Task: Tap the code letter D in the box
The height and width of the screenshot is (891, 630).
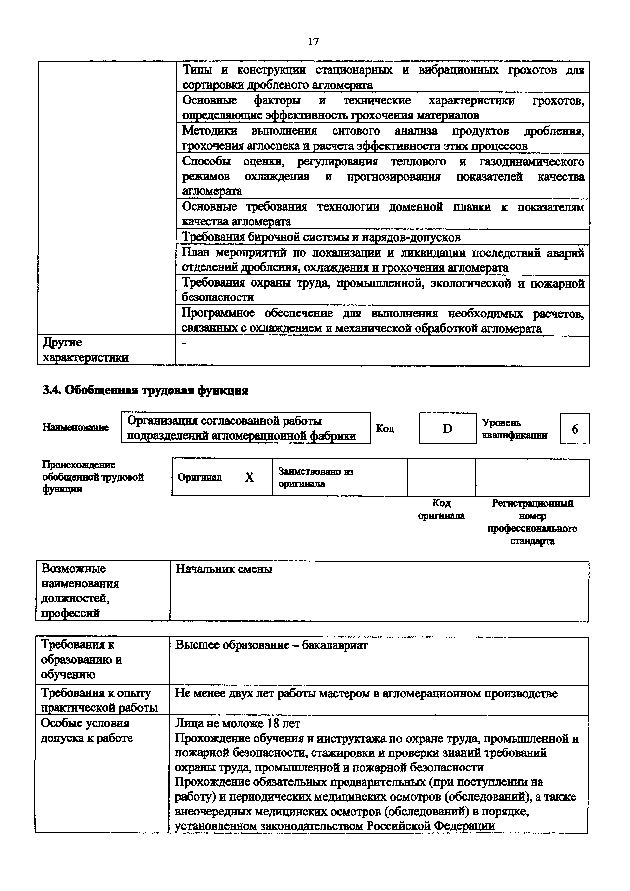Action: pyautogui.click(x=447, y=428)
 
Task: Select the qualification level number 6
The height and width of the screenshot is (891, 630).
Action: pyautogui.click(x=575, y=429)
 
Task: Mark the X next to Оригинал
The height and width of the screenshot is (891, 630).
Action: pyautogui.click(x=249, y=477)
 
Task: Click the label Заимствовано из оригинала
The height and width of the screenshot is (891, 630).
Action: pyautogui.click(x=315, y=477)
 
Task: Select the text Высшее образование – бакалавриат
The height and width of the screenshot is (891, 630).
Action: pyautogui.click(x=271, y=645)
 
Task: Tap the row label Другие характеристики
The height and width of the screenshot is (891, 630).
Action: pyautogui.click(x=85, y=350)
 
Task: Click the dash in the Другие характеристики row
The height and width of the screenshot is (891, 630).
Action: pyautogui.click(x=184, y=344)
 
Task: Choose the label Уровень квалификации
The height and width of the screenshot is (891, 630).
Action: pyautogui.click(x=514, y=429)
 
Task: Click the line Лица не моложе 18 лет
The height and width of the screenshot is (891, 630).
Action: pyautogui.click(x=238, y=723)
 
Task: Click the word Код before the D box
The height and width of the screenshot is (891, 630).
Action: pyautogui.click(x=385, y=428)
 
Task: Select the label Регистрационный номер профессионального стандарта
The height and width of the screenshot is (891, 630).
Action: pyautogui.click(x=532, y=522)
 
